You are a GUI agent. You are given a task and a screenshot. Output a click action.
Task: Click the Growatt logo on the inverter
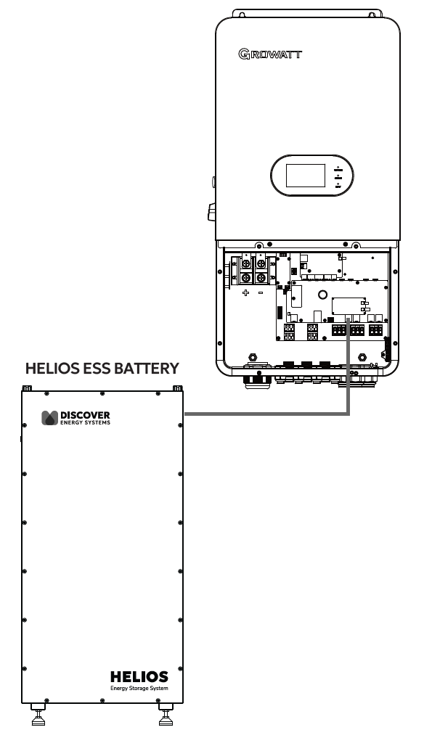point(270,54)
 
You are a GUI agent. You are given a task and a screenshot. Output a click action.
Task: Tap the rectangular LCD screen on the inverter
point(306,175)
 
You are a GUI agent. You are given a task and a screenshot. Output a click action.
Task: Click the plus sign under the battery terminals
point(245,292)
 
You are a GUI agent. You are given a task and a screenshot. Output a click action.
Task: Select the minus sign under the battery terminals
point(261,292)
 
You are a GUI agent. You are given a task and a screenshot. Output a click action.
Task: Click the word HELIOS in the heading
point(52,368)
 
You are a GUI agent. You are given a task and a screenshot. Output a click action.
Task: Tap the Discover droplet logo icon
point(49,418)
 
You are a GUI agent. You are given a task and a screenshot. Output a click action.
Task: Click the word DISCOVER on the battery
point(85,415)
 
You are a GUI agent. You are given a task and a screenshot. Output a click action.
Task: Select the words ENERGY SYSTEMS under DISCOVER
point(85,422)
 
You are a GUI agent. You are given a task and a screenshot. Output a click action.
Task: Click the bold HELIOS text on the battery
point(139,677)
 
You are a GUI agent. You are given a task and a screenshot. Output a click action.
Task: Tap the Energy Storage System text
point(139,688)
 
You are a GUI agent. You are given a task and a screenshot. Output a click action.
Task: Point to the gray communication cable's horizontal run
point(266,414)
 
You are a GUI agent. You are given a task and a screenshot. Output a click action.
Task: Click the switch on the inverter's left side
point(211,212)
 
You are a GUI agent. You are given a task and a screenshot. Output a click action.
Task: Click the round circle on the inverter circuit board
point(322,295)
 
